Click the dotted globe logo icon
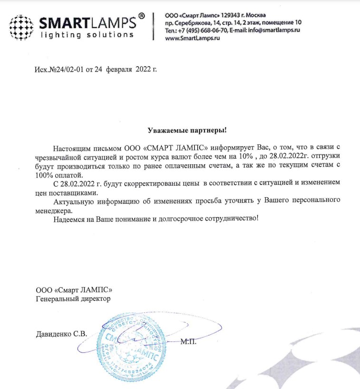tap(21, 27)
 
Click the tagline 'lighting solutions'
tap(86, 35)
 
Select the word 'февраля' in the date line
tap(120, 70)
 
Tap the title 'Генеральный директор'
tap(73, 299)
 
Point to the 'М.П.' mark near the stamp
tap(188, 341)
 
